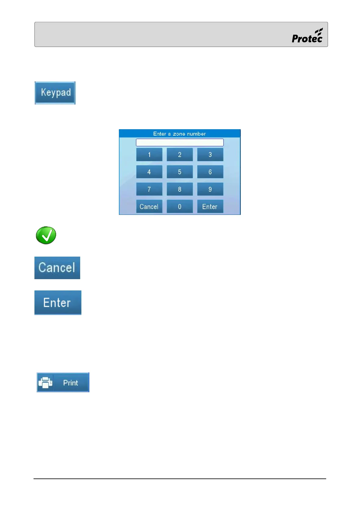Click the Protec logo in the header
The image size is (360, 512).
pos(307,36)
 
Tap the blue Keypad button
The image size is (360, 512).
pos(55,93)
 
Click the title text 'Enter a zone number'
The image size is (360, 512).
pos(180,134)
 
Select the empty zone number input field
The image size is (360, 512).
pos(180,142)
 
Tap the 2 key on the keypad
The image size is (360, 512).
pos(180,155)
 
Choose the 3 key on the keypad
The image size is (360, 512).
pos(210,155)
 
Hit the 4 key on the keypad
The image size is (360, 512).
pos(149,172)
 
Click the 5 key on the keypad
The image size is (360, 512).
pos(180,172)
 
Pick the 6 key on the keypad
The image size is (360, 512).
pos(210,172)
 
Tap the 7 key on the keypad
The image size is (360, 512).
pos(149,189)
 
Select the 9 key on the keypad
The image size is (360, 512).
pos(210,189)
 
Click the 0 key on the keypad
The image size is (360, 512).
pos(180,207)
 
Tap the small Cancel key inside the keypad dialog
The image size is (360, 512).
pos(149,207)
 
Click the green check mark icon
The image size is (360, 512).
pos(46,235)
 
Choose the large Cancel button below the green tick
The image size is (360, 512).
pos(57,268)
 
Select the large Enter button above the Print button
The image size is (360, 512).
pos(58,303)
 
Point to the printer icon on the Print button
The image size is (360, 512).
pos(45,382)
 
